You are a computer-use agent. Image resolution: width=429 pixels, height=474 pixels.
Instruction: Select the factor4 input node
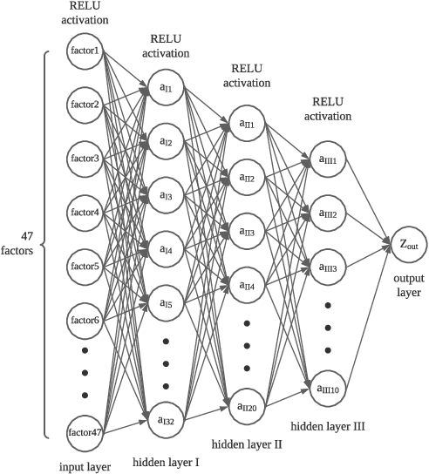pos(85,212)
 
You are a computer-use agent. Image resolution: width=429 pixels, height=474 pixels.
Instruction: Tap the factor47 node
pos(85,430)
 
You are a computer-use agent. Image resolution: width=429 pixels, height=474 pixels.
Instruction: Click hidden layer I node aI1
pos(165,88)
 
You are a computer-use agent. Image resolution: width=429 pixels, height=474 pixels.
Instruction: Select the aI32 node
pos(165,420)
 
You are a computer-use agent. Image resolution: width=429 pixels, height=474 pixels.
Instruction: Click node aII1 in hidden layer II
pos(247,125)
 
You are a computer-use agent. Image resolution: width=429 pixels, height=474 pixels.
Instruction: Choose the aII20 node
pos(247,405)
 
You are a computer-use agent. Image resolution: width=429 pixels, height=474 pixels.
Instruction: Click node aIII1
pos(327,160)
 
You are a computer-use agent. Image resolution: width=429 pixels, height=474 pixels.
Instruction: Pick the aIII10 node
pos(327,388)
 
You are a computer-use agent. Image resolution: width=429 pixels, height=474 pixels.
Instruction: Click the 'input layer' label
pos(85,466)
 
